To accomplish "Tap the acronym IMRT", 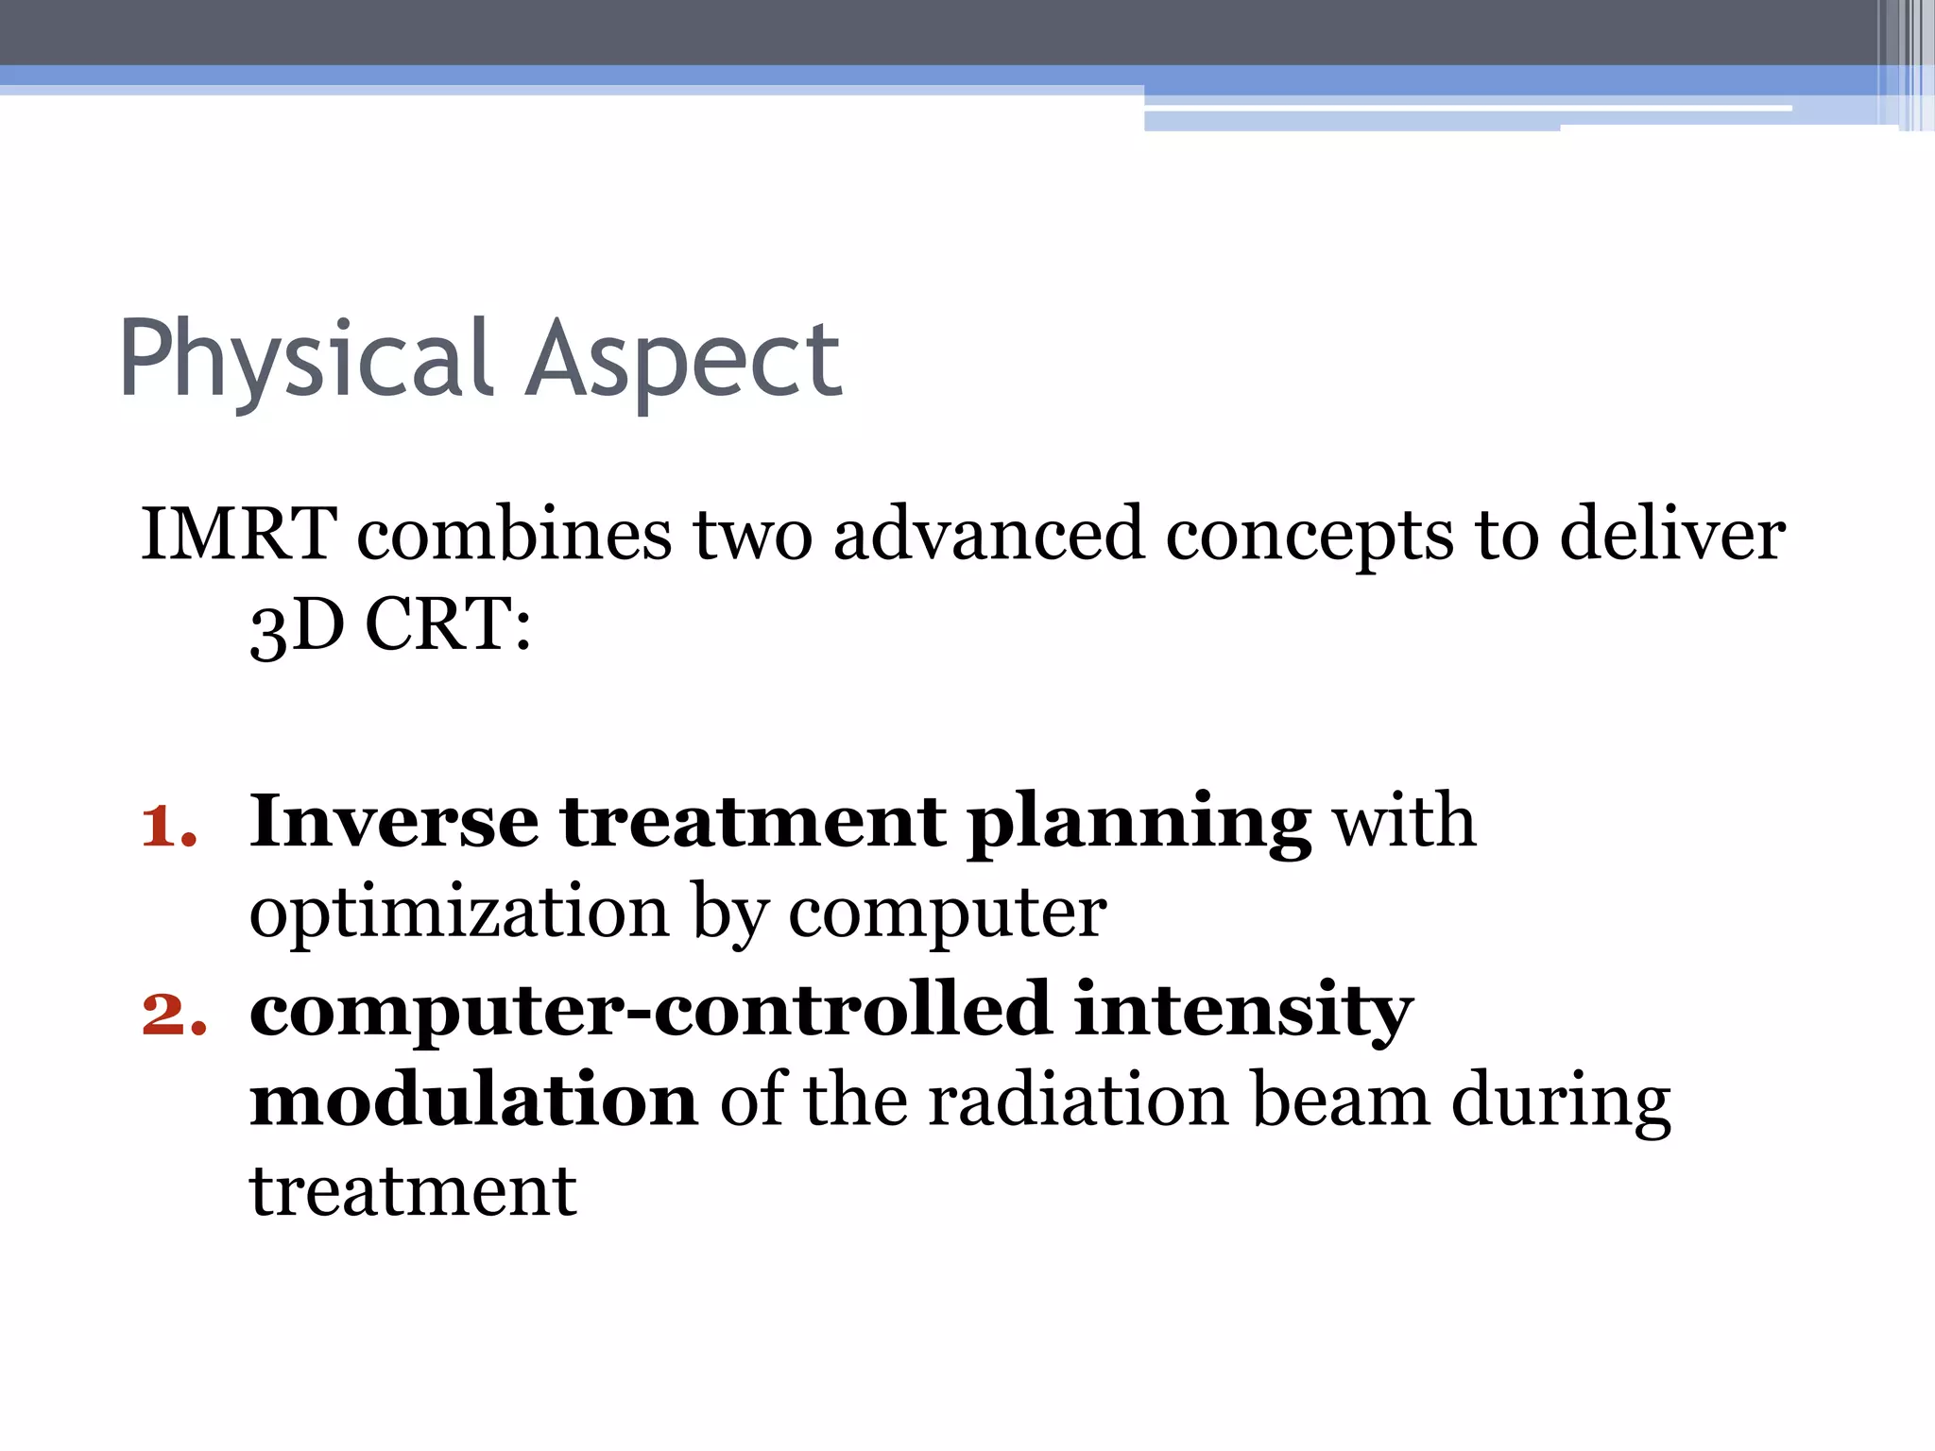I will pos(239,535).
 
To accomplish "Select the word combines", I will pos(514,535).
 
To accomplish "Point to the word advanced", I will pos(988,535).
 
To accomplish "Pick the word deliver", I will pos(1671,535).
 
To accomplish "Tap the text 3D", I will pos(297,625).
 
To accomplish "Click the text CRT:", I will pos(448,625).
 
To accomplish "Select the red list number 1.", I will pos(168,825).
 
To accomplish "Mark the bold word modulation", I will pos(473,1101).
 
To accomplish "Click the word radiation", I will pos(1078,1101).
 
